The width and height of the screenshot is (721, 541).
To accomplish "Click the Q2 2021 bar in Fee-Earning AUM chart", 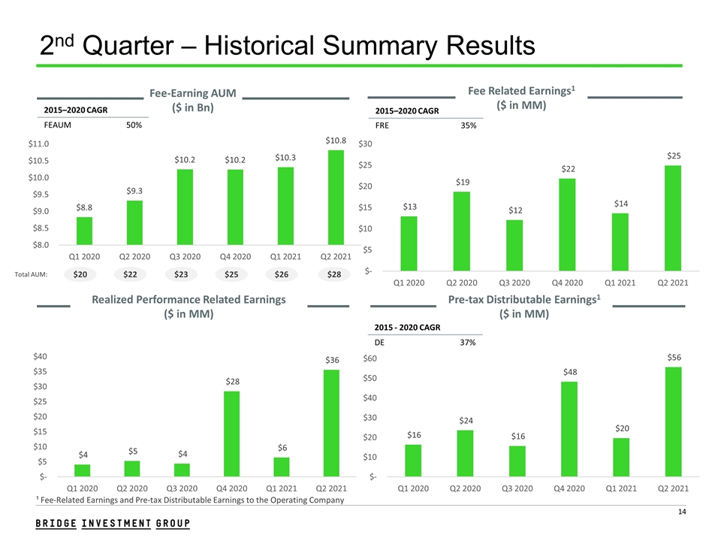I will [x=336, y=197].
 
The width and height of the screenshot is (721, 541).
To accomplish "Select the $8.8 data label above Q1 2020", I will [x=85, y=207].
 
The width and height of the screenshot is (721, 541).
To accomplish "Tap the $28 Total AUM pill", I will [x=333, y=275].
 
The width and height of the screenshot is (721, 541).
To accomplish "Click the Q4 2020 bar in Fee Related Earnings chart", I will [x=569, y=224].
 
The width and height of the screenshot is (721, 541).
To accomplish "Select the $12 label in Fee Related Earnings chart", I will [x=515, y=210].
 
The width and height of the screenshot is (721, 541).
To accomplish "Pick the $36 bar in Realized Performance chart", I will [x=331, y=423].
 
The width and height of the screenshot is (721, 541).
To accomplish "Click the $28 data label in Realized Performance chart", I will [x=232, y=382].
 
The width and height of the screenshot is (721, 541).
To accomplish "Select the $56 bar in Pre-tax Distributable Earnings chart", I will [x=673, y=422].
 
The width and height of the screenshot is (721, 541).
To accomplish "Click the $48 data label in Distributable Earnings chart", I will [x=569, y=372].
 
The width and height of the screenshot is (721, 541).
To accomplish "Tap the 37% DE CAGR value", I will [x=469, y=343].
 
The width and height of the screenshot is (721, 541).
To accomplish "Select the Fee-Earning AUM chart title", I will [x=193, y=100].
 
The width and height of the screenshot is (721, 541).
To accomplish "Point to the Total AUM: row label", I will [x=31, y=275].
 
